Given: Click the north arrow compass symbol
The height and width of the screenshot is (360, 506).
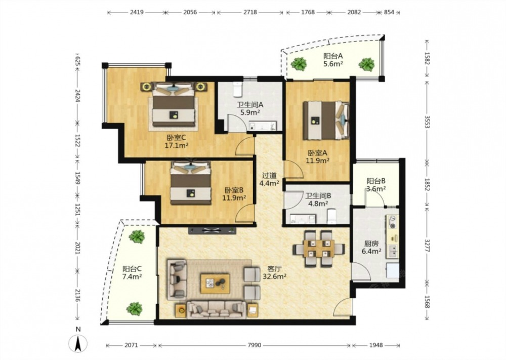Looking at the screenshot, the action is point(78,343).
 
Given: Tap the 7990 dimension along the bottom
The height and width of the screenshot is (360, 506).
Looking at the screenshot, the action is point(255,345).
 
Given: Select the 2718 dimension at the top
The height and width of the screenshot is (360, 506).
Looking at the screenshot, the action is point(250,12).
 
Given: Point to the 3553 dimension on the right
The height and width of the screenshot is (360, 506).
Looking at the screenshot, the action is point(427,122).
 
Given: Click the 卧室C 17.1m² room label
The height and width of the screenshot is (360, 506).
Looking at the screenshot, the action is point(177,141).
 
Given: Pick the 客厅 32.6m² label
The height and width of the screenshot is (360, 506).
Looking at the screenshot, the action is point(275,272).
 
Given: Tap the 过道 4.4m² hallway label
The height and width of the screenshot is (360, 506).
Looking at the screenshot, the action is point(270,180).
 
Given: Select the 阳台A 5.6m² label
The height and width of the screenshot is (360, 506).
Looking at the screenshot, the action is point(333,60).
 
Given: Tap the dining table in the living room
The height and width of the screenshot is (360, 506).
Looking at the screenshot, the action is point(319,249).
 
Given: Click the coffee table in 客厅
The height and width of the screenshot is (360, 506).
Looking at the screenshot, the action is point(215,284).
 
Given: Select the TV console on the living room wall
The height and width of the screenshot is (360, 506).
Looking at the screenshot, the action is point(213,230).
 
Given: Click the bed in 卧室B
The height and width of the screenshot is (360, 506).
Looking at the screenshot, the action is point(191,183).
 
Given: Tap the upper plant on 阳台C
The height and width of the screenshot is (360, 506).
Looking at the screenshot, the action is point(137,236).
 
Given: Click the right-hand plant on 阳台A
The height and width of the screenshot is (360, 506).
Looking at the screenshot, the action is point(367,64).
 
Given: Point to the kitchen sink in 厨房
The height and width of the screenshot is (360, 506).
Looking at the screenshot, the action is point(393,251).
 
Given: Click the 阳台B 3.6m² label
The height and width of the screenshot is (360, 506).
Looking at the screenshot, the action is point(376,185).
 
